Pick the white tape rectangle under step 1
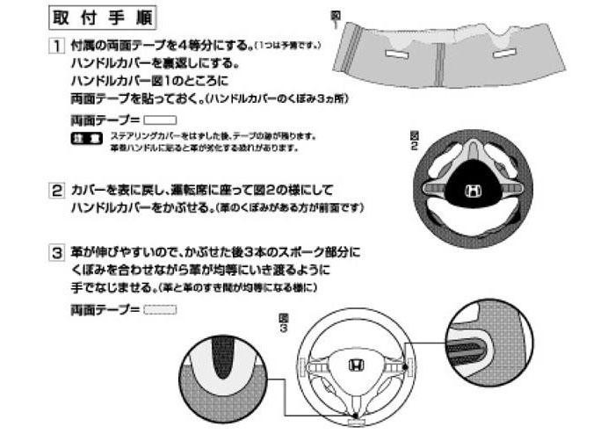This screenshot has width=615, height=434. point(160,119)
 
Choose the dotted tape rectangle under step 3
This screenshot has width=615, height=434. point(160,309)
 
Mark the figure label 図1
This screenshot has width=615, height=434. point(336,15)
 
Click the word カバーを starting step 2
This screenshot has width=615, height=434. point(91,190)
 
